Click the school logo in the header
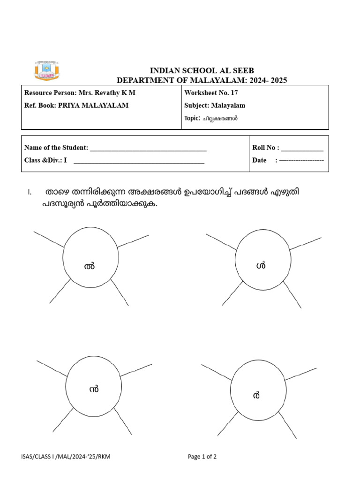46,70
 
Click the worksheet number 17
234,93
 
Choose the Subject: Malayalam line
215,105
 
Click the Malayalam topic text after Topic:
220,119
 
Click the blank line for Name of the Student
148,148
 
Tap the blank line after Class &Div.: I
139,161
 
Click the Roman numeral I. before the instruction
30,193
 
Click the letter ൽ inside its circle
89,266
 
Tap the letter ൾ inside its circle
261,266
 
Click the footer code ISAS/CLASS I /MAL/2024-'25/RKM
66,457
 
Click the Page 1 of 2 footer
202,457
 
